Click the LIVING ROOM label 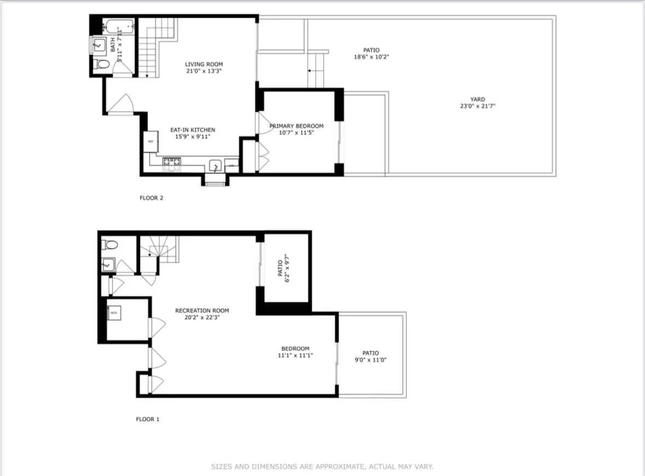point(204,65)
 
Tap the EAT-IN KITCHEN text point(192,130)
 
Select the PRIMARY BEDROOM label point(297,126)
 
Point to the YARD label point(478,100)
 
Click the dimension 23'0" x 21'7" point(478,107)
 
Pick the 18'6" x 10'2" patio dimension point(371,57)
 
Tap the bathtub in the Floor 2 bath point(118,25)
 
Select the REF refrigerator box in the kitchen point(150,141)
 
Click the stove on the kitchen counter point(171,161)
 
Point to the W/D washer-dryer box point(114,312)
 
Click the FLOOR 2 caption point(152,198)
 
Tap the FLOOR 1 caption point(148,419)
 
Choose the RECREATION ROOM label point(202,311)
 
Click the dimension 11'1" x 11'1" point(295,356)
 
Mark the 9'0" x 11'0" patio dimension point(370,360)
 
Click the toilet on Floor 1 point(108,244)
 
